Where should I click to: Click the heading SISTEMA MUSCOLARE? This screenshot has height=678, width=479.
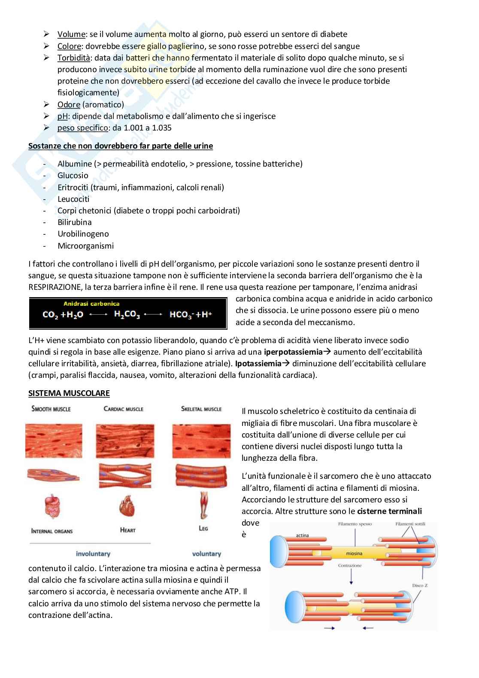tap(69, 393)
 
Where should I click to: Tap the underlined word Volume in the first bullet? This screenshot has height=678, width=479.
tap(71, 34)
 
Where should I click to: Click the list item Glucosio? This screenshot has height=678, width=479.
tap(73, 175)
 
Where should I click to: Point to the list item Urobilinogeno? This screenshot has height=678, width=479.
tap(83, 234)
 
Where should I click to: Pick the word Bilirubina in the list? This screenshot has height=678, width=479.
tap(75, 222)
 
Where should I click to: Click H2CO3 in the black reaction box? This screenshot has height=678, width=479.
tap(127, 315)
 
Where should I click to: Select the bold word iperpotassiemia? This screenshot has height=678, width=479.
tap(293, 352)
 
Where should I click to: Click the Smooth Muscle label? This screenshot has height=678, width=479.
tap(51, 408)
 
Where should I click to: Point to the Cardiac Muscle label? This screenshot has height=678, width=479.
tap(124, 408)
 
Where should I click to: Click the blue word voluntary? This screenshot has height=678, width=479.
tap(206, 554)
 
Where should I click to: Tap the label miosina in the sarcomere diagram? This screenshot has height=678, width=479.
tap(354, 554)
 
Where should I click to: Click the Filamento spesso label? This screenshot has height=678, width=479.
tap(355, 524)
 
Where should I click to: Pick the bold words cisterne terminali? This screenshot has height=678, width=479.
tap(389, 511)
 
